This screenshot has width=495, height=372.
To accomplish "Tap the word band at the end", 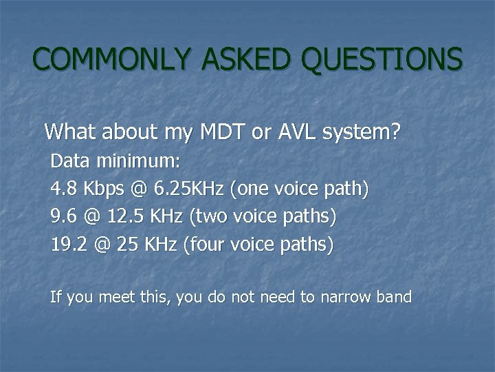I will click(394, 298).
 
